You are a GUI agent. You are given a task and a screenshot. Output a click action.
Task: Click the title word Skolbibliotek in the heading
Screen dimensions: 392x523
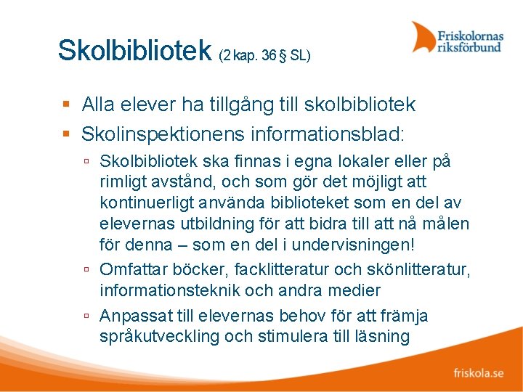tap(135, 50)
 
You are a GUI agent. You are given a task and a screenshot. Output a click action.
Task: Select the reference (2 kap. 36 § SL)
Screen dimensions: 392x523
tap(264, 55)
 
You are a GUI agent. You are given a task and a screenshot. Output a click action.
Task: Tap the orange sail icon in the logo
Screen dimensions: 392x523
tap(424, 36)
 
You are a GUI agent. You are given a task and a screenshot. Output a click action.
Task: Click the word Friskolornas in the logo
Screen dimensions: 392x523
tap(469, 35)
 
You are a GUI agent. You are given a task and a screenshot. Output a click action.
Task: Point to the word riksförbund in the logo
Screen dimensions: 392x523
tap(469, 47)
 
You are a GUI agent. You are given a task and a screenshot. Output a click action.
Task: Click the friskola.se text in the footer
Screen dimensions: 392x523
tap(478, 373)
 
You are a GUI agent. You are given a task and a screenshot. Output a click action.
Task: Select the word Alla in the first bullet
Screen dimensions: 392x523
tap(100, 105)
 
